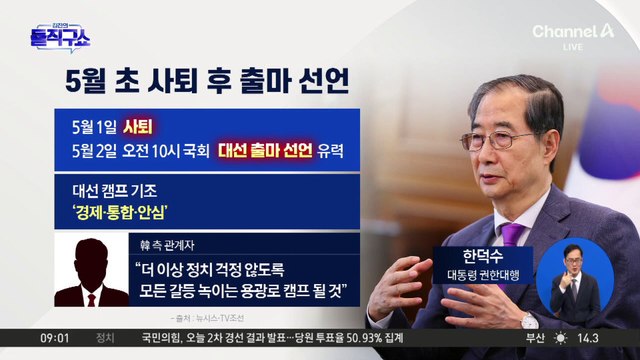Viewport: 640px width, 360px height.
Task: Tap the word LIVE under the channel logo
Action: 601,48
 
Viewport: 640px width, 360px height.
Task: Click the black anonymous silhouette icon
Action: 91,273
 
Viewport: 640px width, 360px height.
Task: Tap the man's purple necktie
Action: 513,241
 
